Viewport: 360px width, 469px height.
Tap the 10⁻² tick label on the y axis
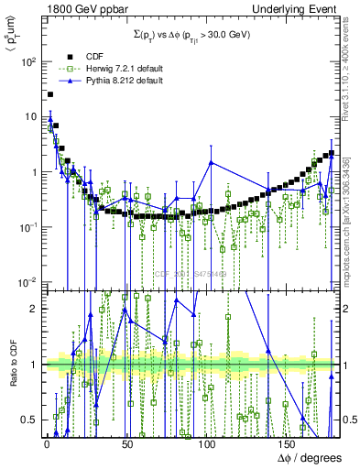pyautogui.click(x=26, y=281)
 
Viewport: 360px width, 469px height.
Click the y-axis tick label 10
pyautogui.click(x=29, y=117)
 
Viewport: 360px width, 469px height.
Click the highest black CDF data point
pyautogui.click(x=50, y=94)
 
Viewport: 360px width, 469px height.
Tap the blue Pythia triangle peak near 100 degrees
pyautogui.click(x=211, y=163)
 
